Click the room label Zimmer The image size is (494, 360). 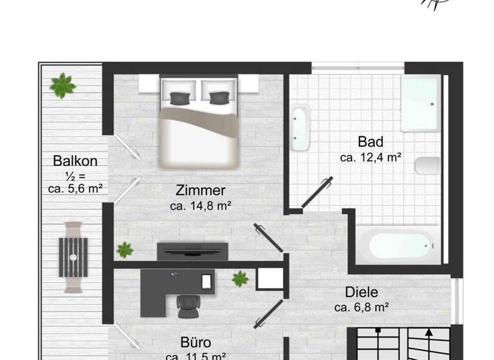(x=201, y=190)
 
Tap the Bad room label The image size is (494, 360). (x=371, y=141)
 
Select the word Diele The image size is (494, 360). (x=361, y=292)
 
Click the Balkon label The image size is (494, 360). (x=75, y=160)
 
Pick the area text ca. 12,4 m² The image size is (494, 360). (x=371, y=157)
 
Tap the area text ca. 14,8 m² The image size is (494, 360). (x=201, y=206)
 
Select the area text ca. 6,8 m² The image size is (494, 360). (x=361, y=307)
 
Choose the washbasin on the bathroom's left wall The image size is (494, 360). (x=300, y=127)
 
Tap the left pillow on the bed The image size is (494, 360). (x=181, y=97)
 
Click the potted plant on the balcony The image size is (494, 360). (x=62, y=85)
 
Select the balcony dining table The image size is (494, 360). (x=73, y=256)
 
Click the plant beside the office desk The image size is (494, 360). (x=240, y=278)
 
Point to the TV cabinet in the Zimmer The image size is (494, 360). (x=192, y=251)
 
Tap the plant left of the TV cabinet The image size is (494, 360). (x=125, y=249)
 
